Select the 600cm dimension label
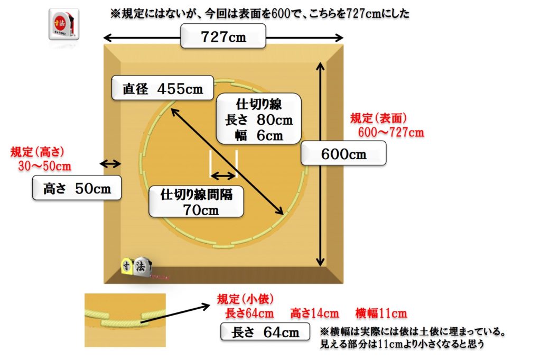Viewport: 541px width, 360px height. click(343, 155)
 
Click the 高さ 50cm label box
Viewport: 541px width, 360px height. click(77, 189)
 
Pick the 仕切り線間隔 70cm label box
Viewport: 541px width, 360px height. click(197, 201)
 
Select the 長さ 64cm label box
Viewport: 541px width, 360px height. click(266, 333)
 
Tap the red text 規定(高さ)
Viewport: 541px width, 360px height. click(38, 152)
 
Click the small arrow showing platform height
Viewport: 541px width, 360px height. click(111, 164)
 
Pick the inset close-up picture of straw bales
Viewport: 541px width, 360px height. click(125, 320)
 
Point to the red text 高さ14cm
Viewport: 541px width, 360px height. click(314, 313)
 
